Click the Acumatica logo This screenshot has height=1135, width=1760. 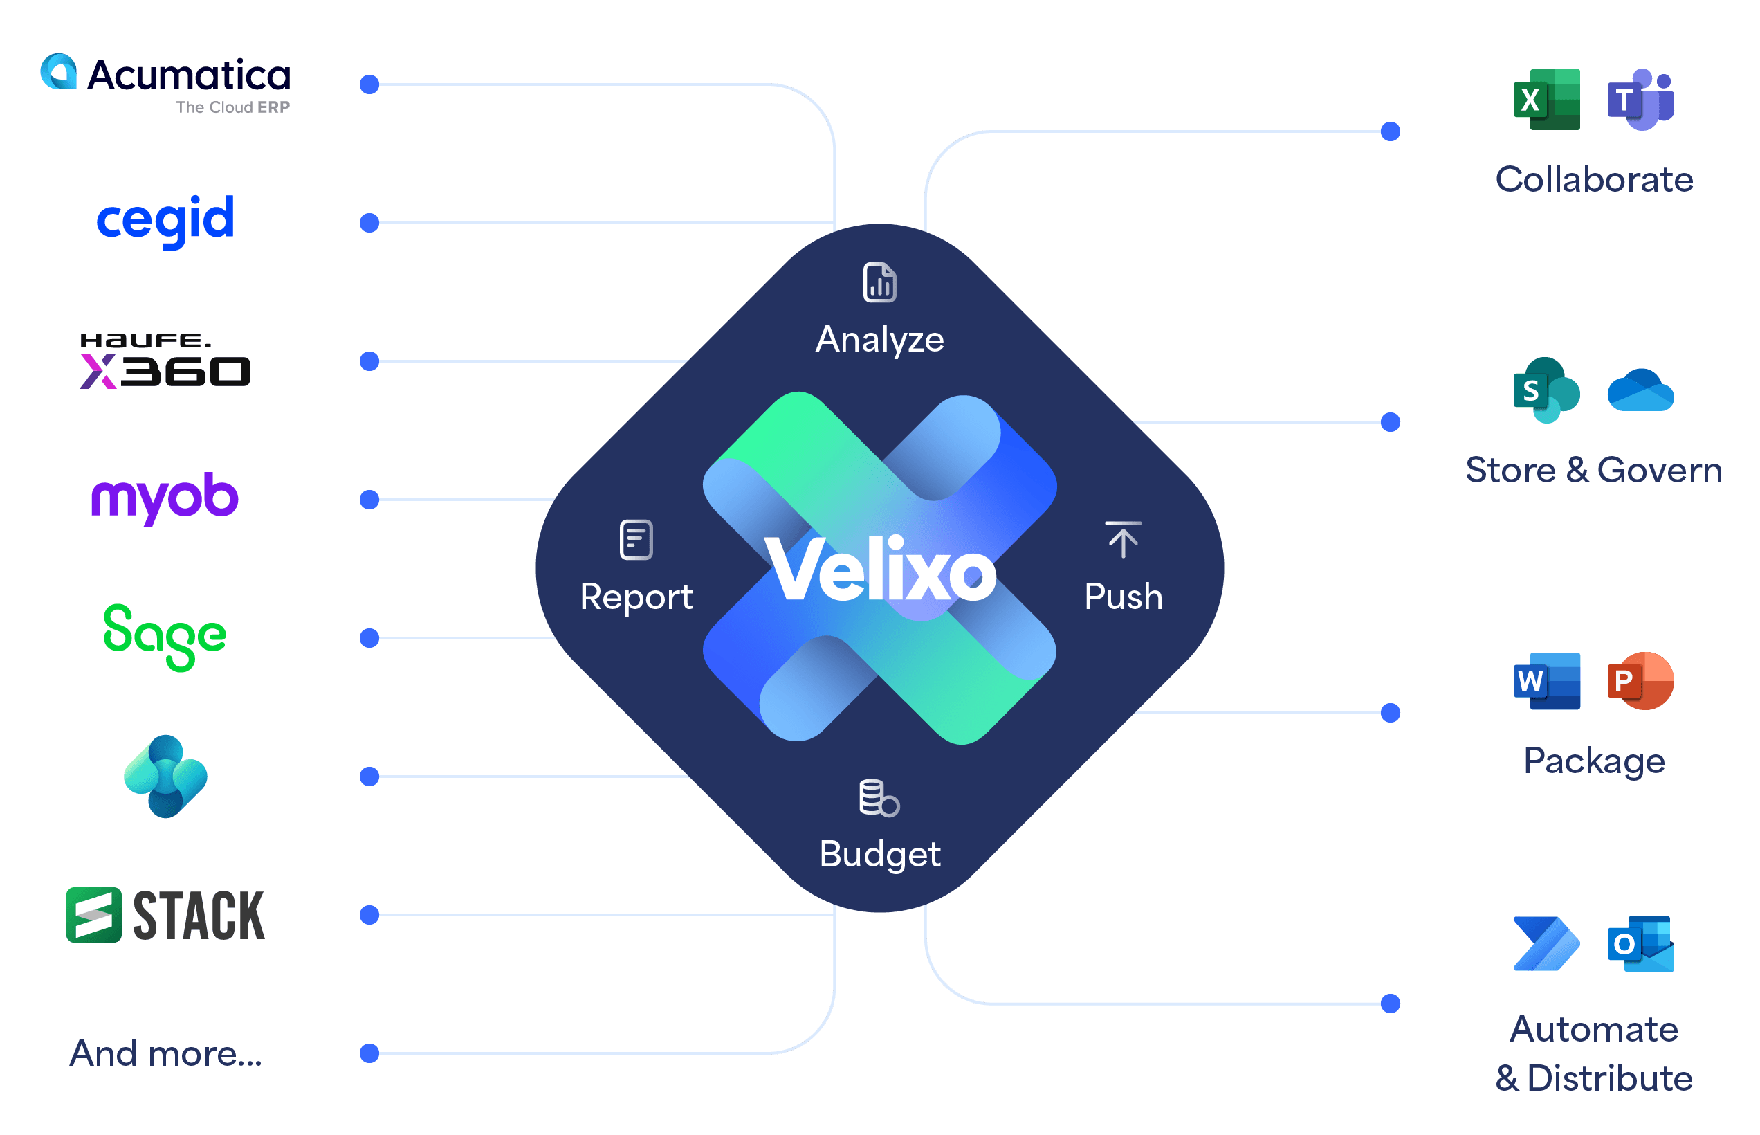tap(166, 82)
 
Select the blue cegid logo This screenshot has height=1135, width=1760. tap(166, 219)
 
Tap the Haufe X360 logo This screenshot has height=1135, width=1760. tap(166, 361)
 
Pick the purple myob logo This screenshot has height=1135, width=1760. tap(165, 497)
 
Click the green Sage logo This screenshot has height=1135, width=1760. tap(165, 636)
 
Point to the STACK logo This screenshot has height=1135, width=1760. tap(166, 916)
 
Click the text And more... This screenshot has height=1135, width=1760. tap(166, 1053)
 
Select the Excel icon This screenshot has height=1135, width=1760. tap(1546, 100)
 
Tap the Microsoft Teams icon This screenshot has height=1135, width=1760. tap(1640, 100)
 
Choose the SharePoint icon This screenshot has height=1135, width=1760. tap(1546, 390)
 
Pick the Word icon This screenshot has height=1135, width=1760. tap(1546, 680)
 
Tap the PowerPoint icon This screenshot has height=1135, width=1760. tap(1640, 680)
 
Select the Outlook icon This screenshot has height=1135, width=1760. tap(1640, 944)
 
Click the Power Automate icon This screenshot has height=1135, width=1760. tap(1546, 944)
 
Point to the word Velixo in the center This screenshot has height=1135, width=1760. tap(881, 569)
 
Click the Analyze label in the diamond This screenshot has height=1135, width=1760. tap(879, 339)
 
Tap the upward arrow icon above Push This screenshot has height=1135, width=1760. tap(1123, 540)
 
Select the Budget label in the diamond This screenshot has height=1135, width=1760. tap(879, 854)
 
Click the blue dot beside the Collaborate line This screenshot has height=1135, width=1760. tap(1390, 132)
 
